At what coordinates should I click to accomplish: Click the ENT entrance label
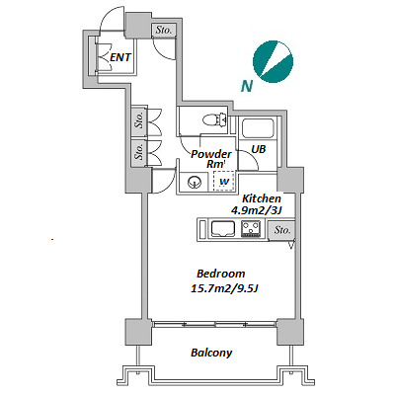(120, 57)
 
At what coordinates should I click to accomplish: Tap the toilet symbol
(214, 119)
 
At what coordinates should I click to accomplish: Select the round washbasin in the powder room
(195, 182)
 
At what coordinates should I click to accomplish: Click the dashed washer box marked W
(224, 181)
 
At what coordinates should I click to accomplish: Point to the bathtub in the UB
(258, 128)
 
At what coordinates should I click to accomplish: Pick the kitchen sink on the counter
(223, 228)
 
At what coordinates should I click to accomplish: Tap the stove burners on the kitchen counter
(251, 229)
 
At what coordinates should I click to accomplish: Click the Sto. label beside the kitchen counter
(282, 230)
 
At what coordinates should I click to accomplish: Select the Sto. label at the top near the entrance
(164, 31)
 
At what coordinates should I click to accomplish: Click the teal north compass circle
(273, 61)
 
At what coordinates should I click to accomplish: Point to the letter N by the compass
(247, 86)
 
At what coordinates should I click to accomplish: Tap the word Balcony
(211, 353)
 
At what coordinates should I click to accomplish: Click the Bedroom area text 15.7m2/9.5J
(224, 288)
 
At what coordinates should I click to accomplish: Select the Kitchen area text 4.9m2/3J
(258, 210)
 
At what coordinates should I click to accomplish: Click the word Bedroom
(221, 274)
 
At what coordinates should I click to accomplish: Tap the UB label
(258, 149)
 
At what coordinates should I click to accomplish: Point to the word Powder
(211, 154)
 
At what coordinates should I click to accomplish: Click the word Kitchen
(262, 198)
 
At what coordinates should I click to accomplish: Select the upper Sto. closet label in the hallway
(139, 120)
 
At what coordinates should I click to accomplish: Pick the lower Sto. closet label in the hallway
(139, 150)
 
